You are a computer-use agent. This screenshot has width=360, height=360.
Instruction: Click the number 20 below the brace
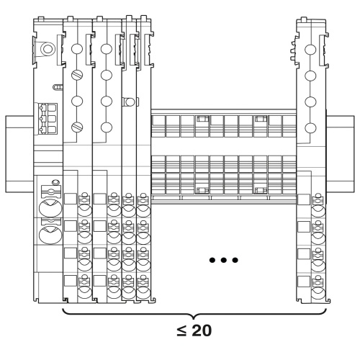tap(202, 330)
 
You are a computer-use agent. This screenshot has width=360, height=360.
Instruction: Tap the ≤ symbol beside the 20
tap(181, 330)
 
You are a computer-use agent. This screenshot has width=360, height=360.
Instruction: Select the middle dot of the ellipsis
tap(224, 260)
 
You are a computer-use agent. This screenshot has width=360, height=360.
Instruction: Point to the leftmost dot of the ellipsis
tap(212, 260)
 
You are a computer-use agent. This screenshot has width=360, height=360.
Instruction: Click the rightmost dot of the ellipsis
tap(235, 260)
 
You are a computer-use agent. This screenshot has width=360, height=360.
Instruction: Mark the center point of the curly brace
tap(194, 317)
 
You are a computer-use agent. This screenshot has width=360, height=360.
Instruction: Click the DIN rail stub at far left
tap(19, 154)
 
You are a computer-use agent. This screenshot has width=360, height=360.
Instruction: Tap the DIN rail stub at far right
tap(341, 154)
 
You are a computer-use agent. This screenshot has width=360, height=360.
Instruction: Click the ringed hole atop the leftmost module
tap(48, 49)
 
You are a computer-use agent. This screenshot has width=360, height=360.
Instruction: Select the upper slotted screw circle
tap(77, 75)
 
